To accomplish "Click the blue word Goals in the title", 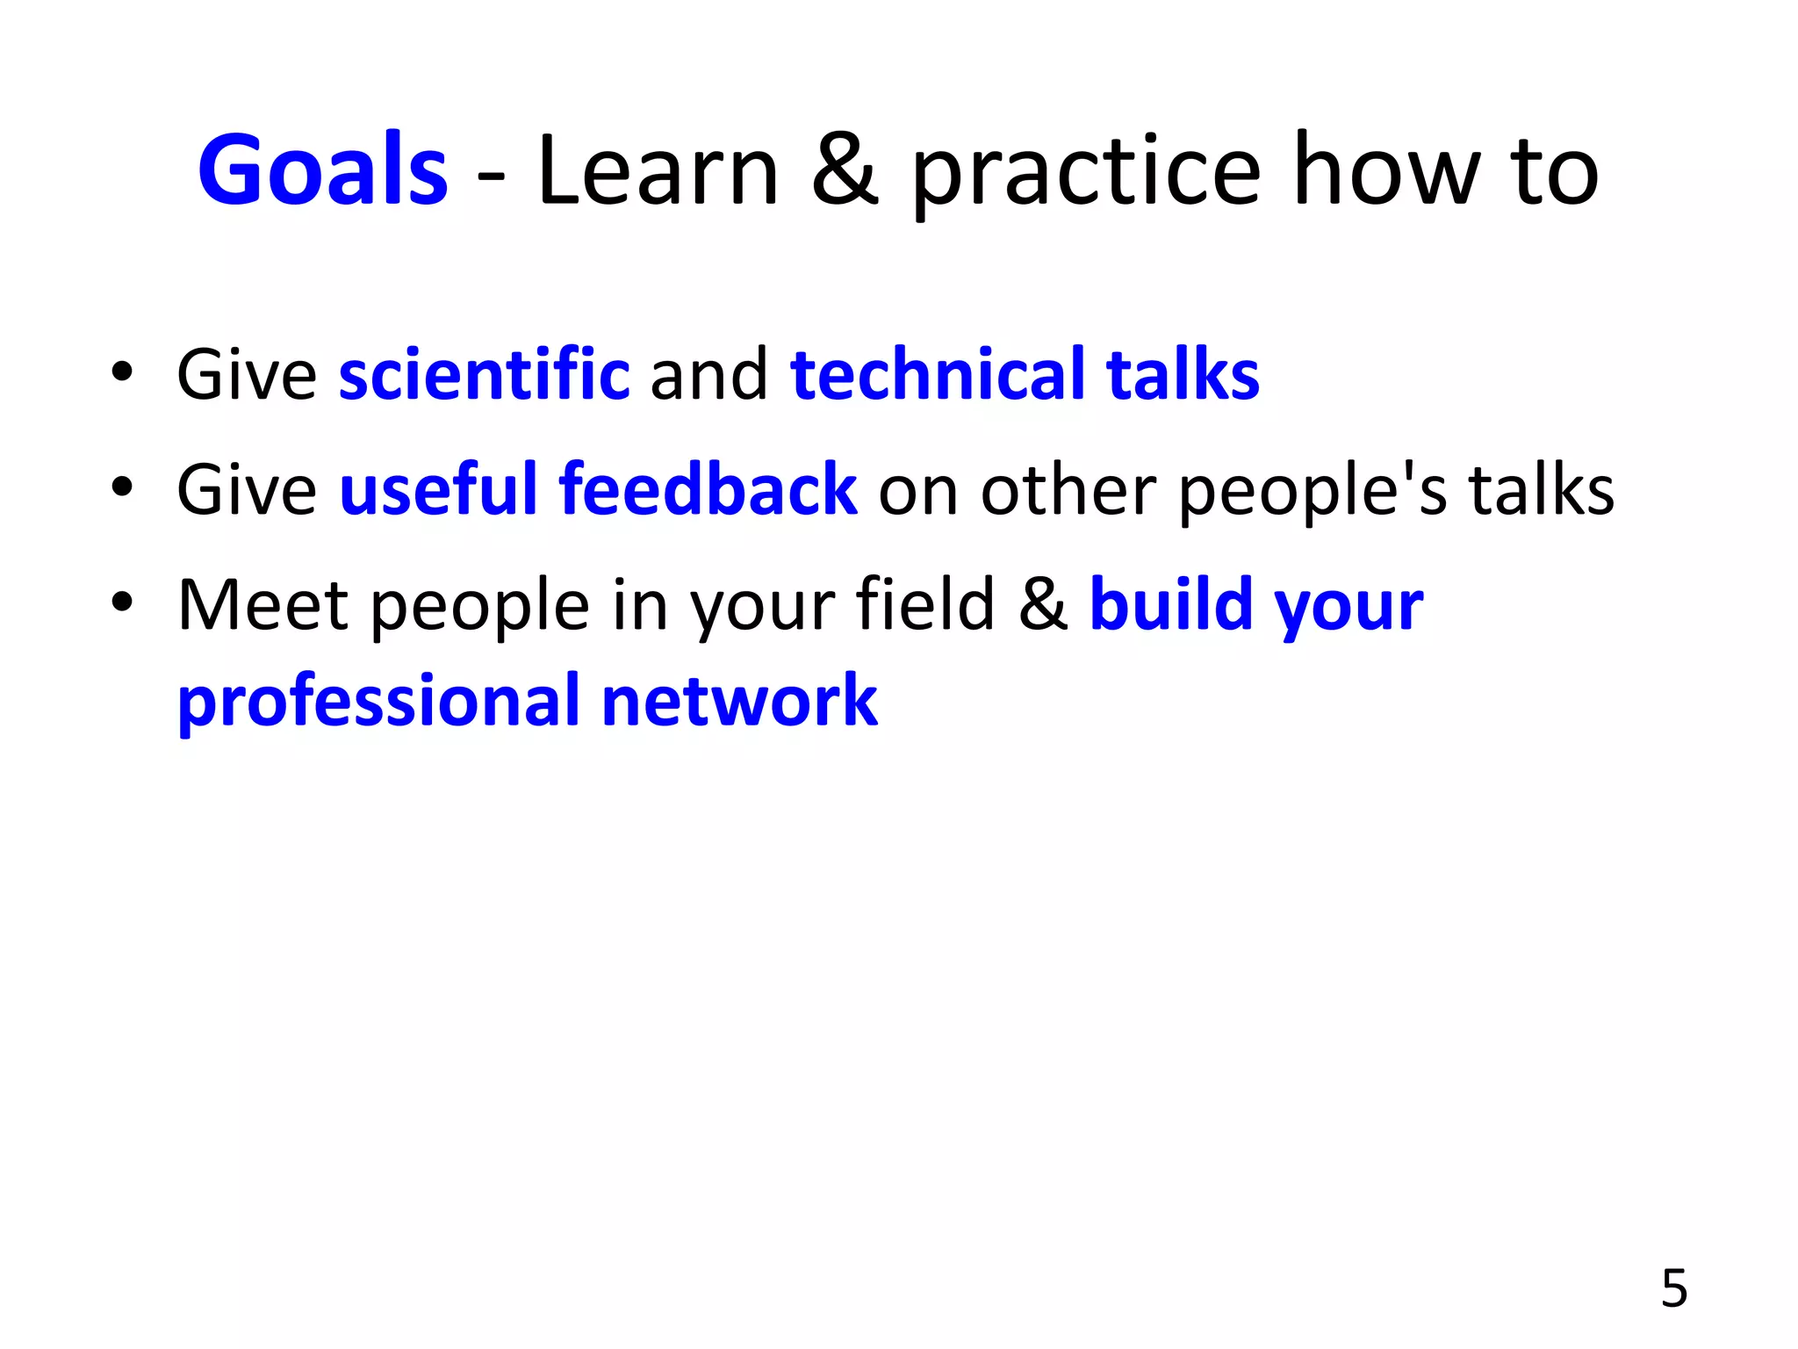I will (322, 170).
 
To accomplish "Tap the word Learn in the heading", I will (658, 170).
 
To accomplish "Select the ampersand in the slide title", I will (844, 170).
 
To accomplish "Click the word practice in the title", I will (1086, 176).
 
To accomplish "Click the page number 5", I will (1674, 1288).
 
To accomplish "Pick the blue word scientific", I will (484, 375).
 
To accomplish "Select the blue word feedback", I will (708, 490).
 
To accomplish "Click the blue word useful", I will (438, 490).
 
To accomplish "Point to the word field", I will (924, 605).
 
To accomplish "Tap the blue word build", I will (1170, 605).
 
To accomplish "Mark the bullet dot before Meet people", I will (122, 602).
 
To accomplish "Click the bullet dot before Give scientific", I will (122, 372).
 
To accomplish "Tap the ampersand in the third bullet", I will (1043, 605).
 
